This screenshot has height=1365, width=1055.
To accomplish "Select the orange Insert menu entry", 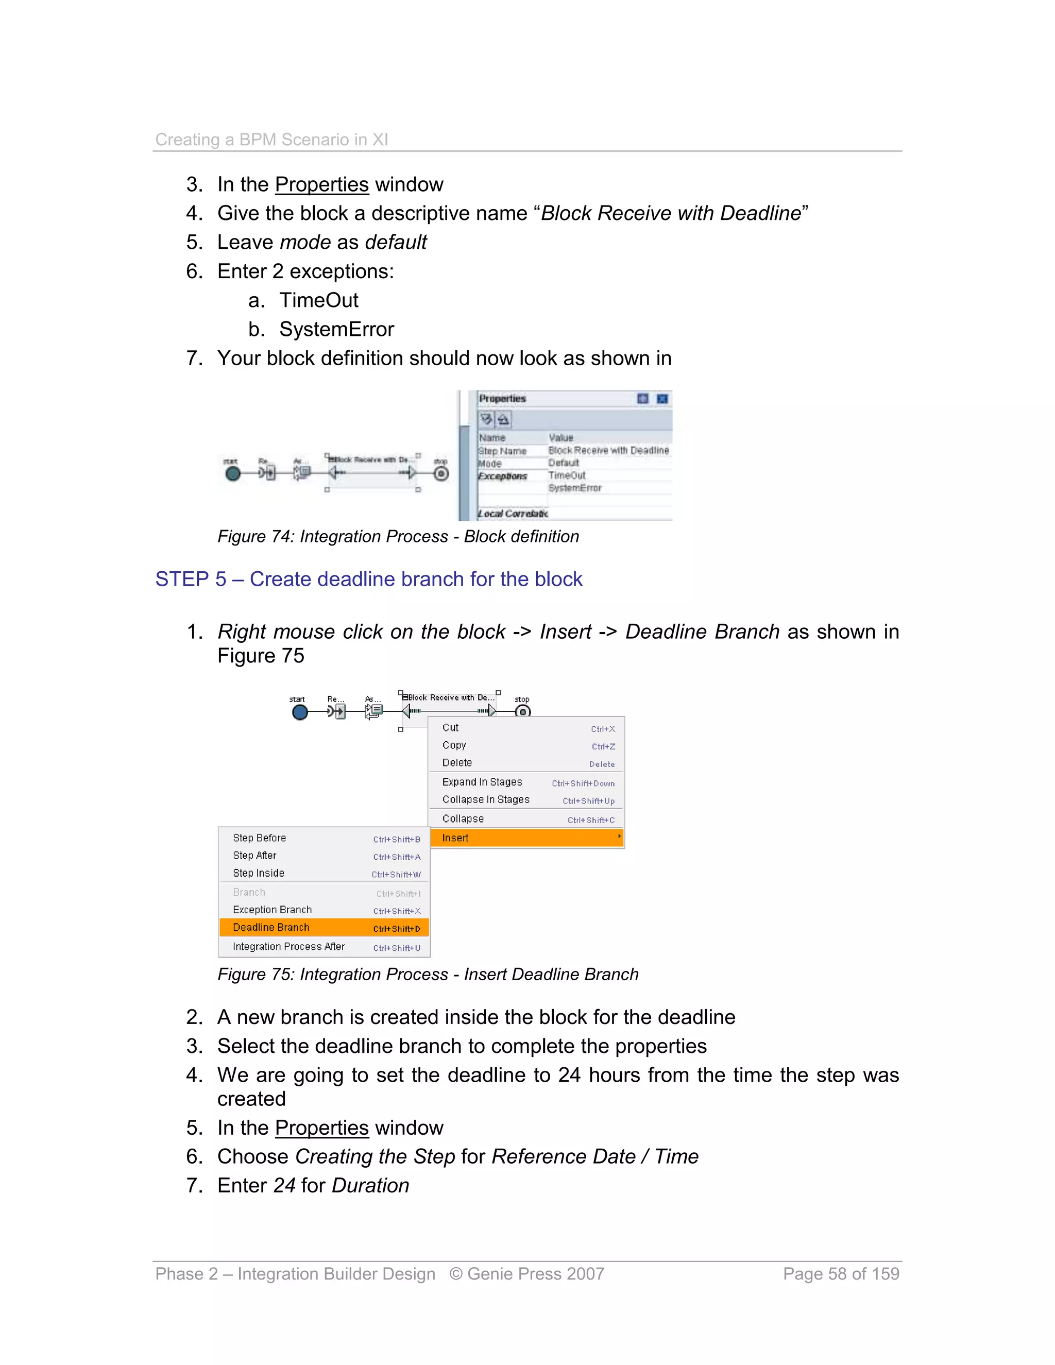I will tap(455, 838).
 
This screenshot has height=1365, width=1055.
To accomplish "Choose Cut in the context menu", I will tap(450, 727).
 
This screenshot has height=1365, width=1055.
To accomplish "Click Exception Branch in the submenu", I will tap(272, 910).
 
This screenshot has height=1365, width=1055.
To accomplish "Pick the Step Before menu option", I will tap(260, 838).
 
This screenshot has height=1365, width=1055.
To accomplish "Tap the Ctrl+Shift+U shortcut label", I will tap(396, 948).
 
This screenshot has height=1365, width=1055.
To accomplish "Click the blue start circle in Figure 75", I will tap(300, 712).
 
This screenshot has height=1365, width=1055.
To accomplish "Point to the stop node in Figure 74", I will tap(441, 474).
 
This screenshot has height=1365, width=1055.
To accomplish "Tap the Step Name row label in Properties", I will tap(502, 451).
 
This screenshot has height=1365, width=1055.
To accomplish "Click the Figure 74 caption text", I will tap(398, 537).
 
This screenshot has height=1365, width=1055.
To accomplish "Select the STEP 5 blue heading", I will tap(368, 579).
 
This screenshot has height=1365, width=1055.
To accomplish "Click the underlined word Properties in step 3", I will tap(321, 185).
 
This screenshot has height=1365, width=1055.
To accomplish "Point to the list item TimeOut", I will tap(318, 301).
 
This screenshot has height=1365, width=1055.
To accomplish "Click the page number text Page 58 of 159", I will tap(841, 1274).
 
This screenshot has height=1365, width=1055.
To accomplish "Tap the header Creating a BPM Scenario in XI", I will tap(271, 140).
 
